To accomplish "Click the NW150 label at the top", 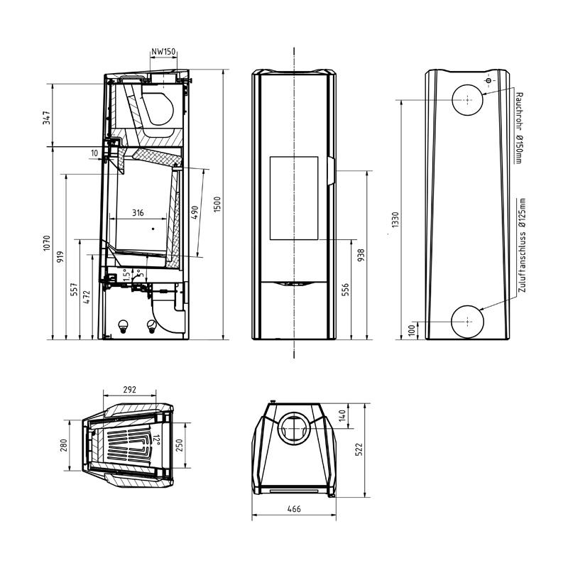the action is [163, 52].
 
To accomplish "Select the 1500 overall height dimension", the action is [217, 204].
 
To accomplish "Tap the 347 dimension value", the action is [47, 118].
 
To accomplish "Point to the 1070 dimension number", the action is [46, 244].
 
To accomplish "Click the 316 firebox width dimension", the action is [138, 212].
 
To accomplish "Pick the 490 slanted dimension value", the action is [195, 212].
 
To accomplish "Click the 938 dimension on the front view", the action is [361, 256].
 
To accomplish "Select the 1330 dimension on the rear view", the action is [395, 219].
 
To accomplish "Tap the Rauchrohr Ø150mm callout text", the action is [520, 128].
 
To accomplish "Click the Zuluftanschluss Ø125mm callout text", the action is [522, 245].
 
